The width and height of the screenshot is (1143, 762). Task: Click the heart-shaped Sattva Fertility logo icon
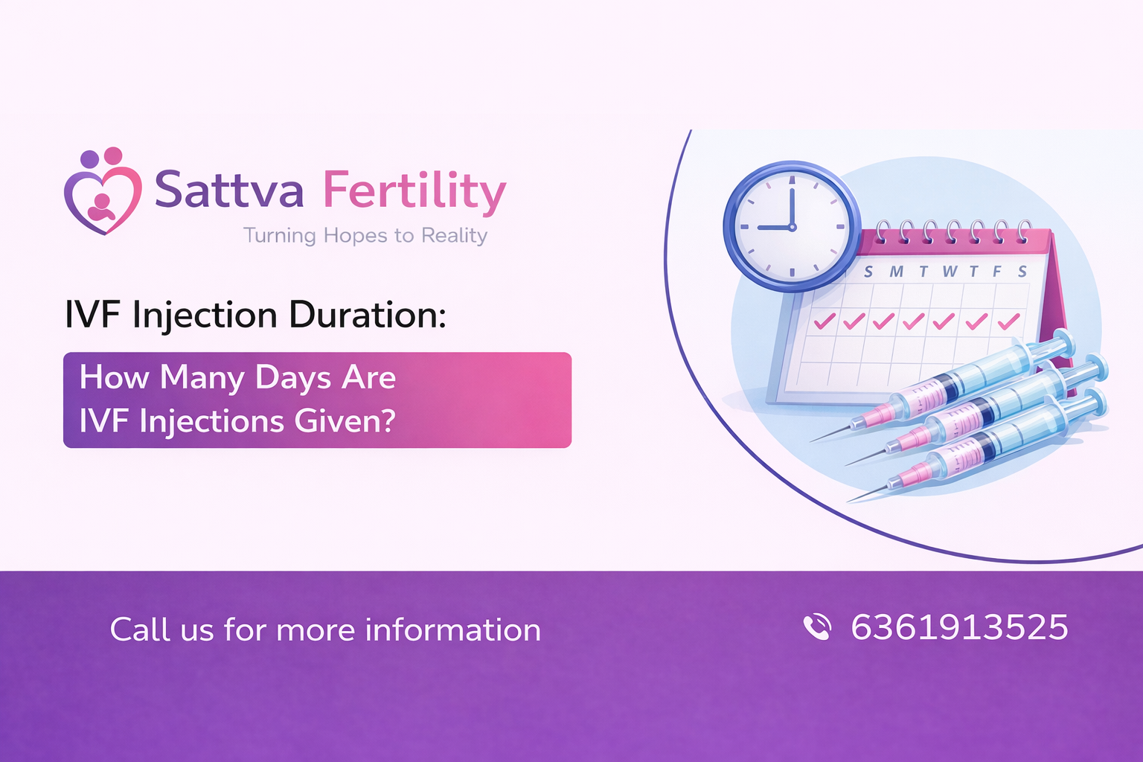click(x=103, y=193)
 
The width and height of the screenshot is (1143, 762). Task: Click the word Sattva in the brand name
click(x=228, y=190)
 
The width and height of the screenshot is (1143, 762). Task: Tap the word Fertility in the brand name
click(x=414, y=190)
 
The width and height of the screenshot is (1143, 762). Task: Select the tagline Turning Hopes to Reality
click(x=365, y=236)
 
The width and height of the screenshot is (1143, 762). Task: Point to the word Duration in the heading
click(x=368, y=315)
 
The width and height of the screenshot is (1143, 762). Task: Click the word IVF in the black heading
click(x=92, y=315)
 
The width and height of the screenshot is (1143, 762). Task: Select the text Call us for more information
click(x=325, y=630)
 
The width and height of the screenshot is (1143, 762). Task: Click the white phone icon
click(x=817, y=627)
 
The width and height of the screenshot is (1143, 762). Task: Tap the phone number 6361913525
click(x=959, y=627)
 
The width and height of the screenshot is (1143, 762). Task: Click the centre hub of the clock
click(x=793, y=226)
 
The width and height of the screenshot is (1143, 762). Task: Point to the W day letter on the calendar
click(x=949, y=272)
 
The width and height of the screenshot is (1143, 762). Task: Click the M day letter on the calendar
click(x=896, y=272)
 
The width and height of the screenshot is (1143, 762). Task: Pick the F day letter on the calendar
click(x=997, y=272)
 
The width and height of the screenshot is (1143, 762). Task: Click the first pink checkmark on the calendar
click(x=825, y=321)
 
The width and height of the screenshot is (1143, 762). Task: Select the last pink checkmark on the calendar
click(x=1008, y=321)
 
